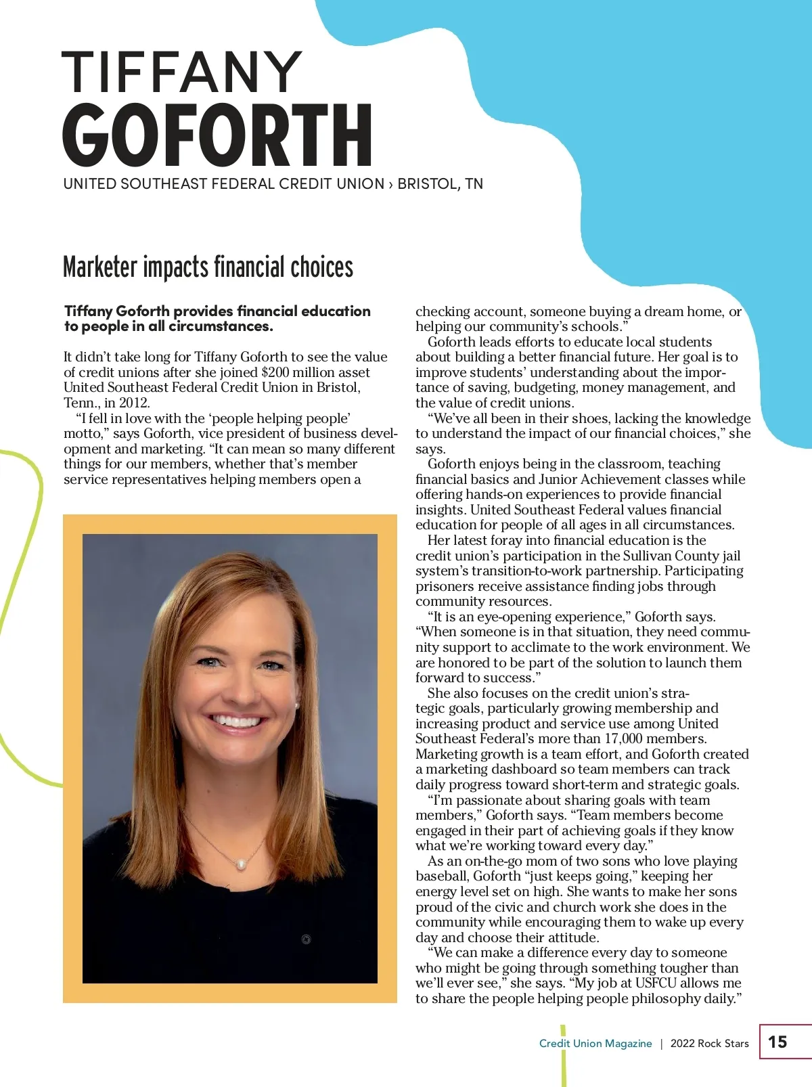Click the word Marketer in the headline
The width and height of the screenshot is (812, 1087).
(x=99, y=267)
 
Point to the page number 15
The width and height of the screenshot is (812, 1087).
(x=777, y=1042)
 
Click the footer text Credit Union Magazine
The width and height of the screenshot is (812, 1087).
(x=595, y=1044)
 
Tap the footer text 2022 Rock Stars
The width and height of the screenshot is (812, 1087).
(x=709, y=1044)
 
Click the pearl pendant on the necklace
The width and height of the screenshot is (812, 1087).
(x=240, y=864)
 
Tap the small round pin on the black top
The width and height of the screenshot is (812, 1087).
(x=307, y=939)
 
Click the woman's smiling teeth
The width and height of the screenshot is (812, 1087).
(x=235, y=722)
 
